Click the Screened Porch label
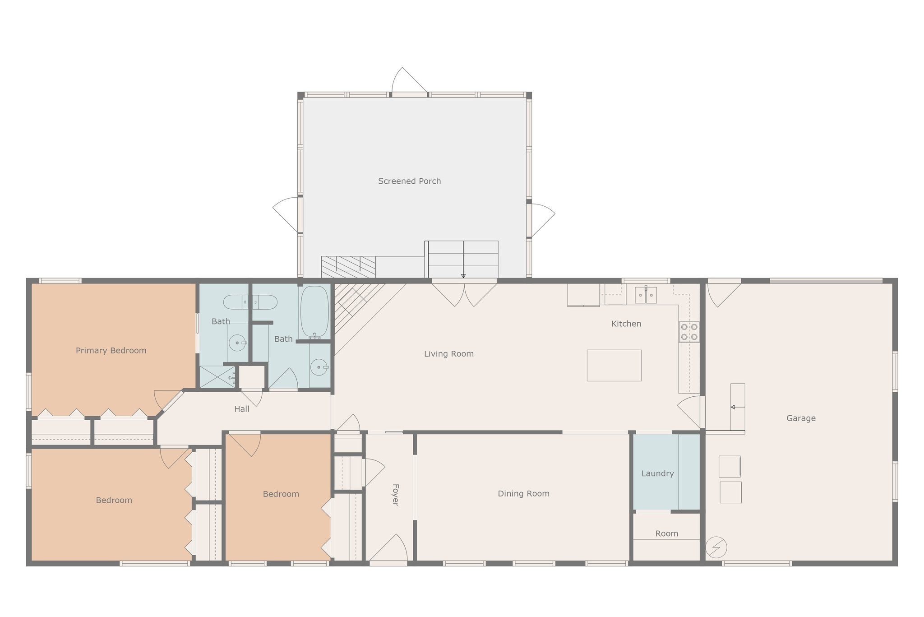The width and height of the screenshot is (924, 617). [409, 181]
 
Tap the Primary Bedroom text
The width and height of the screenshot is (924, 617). [111, 351]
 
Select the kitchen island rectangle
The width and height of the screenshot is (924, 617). [614, 365]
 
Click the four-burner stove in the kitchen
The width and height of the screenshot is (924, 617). [689, 332]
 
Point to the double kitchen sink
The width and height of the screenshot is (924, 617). [646, 295]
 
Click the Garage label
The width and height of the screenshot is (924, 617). [801, 418]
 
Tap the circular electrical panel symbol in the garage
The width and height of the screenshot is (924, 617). [716, 547]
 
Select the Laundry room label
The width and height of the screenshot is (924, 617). [657, 473]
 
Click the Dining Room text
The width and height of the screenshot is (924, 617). [523, 494]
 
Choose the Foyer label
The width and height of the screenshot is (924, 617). [395, 495]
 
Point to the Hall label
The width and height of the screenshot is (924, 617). [242, 409]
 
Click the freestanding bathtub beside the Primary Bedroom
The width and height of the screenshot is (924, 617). [250, 302]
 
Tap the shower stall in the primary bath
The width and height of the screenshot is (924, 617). [218, 377]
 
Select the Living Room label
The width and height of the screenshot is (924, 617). [449, 354]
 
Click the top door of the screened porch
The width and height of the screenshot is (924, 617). [409, 82]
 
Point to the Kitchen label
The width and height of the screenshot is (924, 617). [626, 324]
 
